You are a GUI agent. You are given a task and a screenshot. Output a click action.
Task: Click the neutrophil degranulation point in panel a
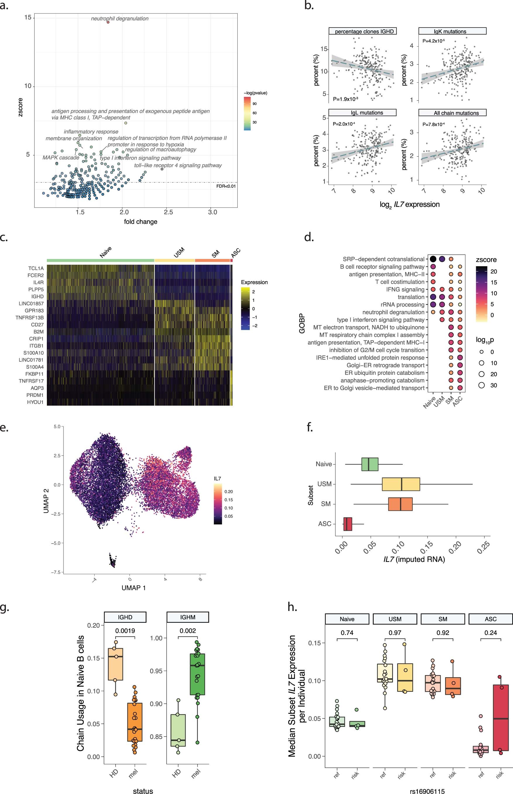(108, 22)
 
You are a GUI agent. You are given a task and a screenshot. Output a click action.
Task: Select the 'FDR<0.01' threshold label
(226, 186)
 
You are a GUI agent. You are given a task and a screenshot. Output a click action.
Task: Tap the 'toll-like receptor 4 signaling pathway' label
(178, 165)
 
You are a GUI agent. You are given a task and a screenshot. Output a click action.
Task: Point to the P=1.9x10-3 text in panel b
(345, 99)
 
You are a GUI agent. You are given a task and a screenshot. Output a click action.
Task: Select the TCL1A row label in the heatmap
(36, 268)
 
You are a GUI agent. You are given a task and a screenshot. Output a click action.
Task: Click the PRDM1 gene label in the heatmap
(35, 395)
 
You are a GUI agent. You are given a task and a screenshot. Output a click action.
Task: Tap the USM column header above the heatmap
(179, 253)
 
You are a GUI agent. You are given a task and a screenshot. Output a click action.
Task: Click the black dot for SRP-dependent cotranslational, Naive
(433, 259)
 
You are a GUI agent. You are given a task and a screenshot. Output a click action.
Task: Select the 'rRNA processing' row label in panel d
(402, 304)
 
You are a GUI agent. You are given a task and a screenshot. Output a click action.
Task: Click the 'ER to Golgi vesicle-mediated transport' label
(374, 388)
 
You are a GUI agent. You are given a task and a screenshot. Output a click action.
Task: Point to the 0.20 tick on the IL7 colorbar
(228, 492)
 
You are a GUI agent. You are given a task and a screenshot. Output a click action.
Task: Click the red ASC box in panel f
(347, 524)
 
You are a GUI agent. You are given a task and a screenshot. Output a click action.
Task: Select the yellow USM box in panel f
(401, 484)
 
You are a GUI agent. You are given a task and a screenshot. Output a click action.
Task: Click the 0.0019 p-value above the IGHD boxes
(125, 631)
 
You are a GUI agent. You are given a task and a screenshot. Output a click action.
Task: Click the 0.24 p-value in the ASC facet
(490, 633)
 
